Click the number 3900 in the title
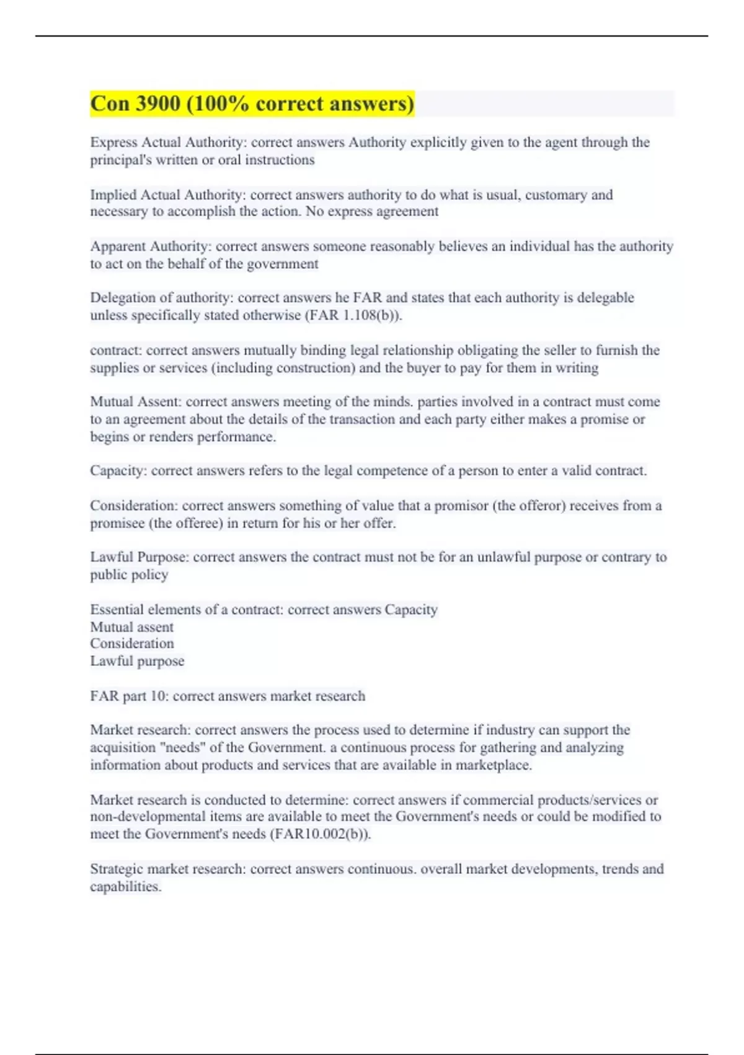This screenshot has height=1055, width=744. pyautogui.click(x=157, y=104)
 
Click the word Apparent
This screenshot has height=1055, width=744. pyautogui.click(x=118, y=246)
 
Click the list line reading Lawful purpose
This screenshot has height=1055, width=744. pyautogui.click(x=137, y=661)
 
